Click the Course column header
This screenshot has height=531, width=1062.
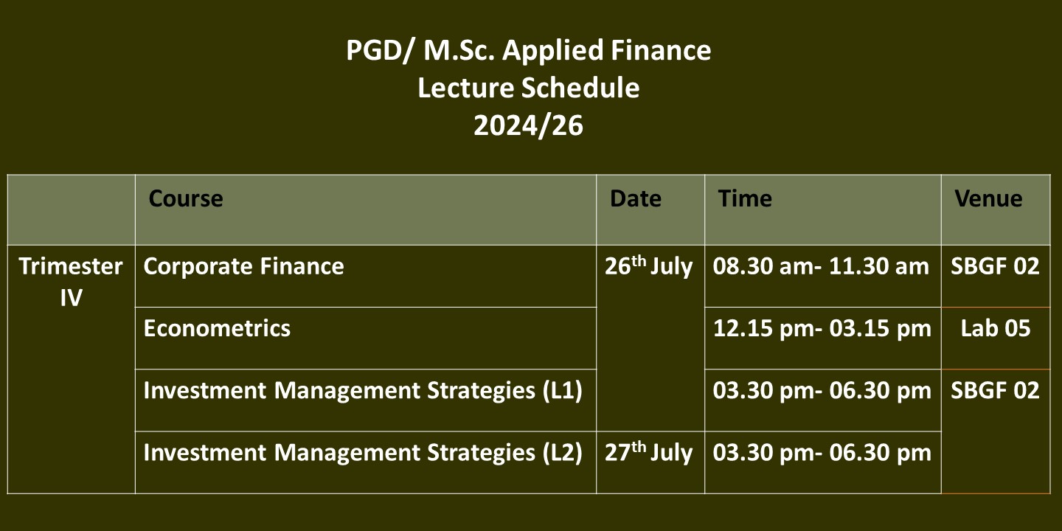click(x=185, y=198)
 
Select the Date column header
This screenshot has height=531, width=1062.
click(x=635, y=198)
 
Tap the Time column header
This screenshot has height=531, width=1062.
click(x=745, y=198)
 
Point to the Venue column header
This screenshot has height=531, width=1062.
click(x=988, y=198)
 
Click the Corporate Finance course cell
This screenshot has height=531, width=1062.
click(x=243, y=266)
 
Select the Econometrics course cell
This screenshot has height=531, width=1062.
click(x=217, y=329)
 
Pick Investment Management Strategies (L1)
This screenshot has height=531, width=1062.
click(x=363, y=391)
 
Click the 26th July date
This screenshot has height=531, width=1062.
click(x=648, y=265)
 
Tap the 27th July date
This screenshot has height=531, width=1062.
click(x=648, y=452)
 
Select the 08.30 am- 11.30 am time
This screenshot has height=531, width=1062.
click(x=821, y=266)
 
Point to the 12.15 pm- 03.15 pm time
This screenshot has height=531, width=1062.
click(x=822, y=329)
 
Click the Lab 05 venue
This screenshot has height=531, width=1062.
click(x=995, y=329)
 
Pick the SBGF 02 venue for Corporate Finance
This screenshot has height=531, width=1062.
click(x=995, y=266)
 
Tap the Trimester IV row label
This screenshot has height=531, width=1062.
click(x=71, y=282)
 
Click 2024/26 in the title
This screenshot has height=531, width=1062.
click(x=528, y=126)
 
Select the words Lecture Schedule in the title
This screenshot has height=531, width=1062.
click(x=528, y=88)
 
